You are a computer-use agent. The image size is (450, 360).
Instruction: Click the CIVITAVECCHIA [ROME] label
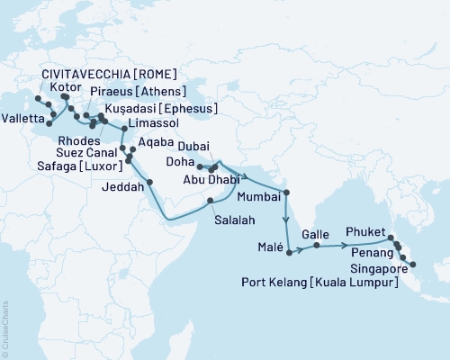108,73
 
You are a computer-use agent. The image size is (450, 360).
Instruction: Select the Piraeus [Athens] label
137,91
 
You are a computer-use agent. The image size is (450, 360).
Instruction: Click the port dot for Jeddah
149,182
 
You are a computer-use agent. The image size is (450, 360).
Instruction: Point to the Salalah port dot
210,200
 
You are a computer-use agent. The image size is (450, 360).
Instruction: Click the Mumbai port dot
286,192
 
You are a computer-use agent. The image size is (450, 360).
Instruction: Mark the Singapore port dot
412,265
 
